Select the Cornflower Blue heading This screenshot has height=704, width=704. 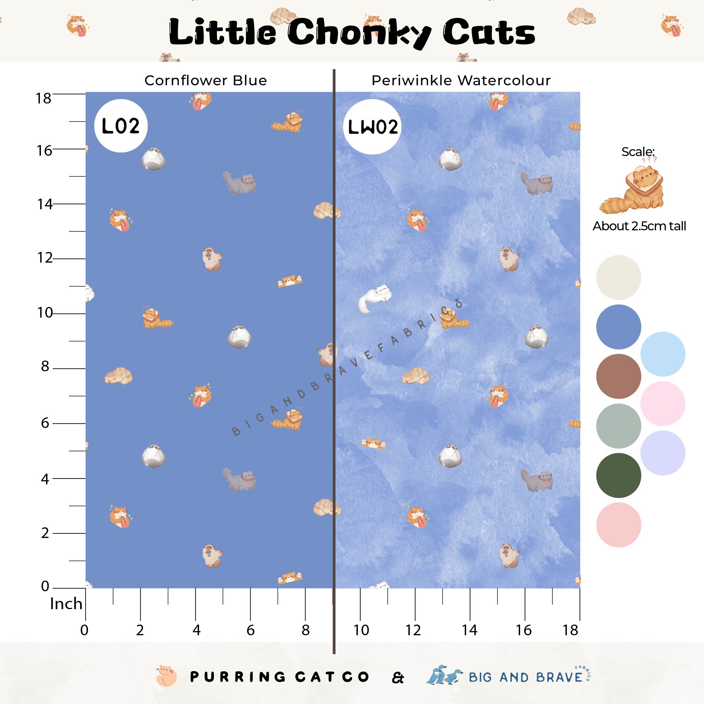tap(206, 80)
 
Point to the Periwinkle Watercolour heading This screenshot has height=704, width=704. tap(461, 80)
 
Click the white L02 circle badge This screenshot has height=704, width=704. tap(121, 126)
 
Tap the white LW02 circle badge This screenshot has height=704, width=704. tap(372, 127)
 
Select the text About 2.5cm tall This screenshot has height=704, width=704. tap(639, 226)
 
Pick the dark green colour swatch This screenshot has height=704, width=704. tap(618, 475)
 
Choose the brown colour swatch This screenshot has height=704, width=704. tap(618, 376)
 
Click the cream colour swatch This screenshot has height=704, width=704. tap(618, 277)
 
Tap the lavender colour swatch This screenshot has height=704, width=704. tap(662, 453)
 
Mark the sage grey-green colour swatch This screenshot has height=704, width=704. tap(618, 426)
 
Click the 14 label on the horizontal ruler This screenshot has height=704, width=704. tap(469, 630)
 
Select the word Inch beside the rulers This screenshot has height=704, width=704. tap(66, 604)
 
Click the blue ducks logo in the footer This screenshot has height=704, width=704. tap(444, 676)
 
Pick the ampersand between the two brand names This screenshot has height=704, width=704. tap(398, 678)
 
